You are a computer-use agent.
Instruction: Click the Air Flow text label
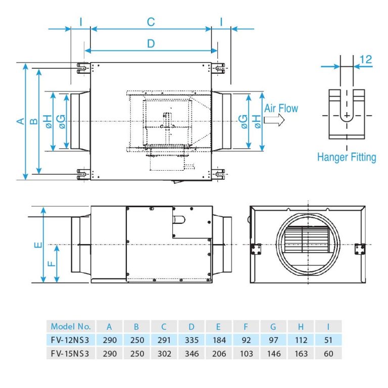pyautogui.click(x=281, y=108)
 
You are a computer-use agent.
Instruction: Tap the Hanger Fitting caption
pyautogui.click(x=347, y=157)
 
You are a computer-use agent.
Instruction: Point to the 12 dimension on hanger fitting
pyautogui.click(x=366, y=59)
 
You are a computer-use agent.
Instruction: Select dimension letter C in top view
pyautogui.click(x=151, y=22)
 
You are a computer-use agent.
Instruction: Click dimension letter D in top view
pyautogui.click(x=151, y=43)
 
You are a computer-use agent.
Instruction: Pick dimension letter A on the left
pyautogui.click(x=20, y=121)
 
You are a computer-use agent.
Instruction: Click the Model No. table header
pyautogui.click(x=71, y=326)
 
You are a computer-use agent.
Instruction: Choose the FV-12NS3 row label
pyautogui.click(x=71, y=340)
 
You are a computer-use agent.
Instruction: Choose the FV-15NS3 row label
pyautogui.click(x=71, y=354)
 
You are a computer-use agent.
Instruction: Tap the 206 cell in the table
pyautogui.click(x=219, y=354)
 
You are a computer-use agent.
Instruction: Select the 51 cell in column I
pyautogui.click(x=328, y=340)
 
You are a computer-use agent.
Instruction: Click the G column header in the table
pyautogui.click(x=273, y=326)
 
